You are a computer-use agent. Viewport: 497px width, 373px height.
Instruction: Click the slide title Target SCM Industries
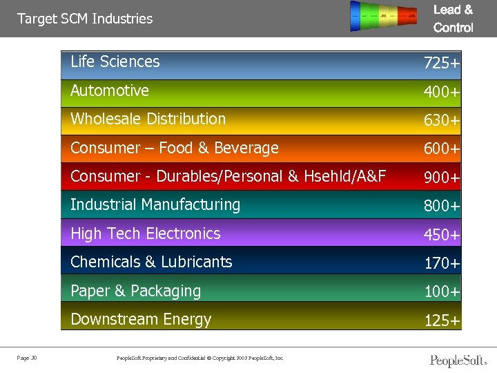[x=85, y=19]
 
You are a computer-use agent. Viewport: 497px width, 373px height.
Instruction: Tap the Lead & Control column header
[x=453, y=19]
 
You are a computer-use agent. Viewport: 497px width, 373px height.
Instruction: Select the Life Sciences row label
[x=115, y=61]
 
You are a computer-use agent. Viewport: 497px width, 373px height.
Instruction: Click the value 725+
[x=442, y=64]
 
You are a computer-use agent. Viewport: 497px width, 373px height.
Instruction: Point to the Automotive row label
[x=110, y=90]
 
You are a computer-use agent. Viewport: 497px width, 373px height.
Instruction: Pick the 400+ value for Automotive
[x=442, y=92]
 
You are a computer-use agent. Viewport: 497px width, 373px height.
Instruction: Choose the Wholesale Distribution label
[x=148, y=119]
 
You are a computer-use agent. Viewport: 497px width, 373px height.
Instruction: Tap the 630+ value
[x=442, y=121]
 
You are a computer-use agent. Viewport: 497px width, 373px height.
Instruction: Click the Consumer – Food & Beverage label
[x=175, y=148]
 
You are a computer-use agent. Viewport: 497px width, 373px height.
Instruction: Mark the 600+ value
[x=442, y=149]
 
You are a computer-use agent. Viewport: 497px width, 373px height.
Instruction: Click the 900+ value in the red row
[x=442, y=178]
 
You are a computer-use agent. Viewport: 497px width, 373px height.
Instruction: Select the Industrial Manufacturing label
[x=155, y=204]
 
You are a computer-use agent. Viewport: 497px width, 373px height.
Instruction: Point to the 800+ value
[x=442, y=207]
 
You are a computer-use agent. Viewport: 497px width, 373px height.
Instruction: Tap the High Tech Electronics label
[x=146, y=233]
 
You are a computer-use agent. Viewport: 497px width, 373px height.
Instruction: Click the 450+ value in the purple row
[x=442, y=236]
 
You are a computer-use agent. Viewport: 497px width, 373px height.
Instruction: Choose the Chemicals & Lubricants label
[x=151, y=262]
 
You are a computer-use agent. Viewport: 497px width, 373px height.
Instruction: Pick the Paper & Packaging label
[x=136, y=291]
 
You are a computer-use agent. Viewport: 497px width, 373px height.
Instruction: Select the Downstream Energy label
[x=141, y=319]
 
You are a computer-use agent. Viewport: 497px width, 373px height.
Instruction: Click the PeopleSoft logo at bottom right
[x=458, y=360]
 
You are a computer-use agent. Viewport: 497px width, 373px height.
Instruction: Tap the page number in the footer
[x=28, y=357]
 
